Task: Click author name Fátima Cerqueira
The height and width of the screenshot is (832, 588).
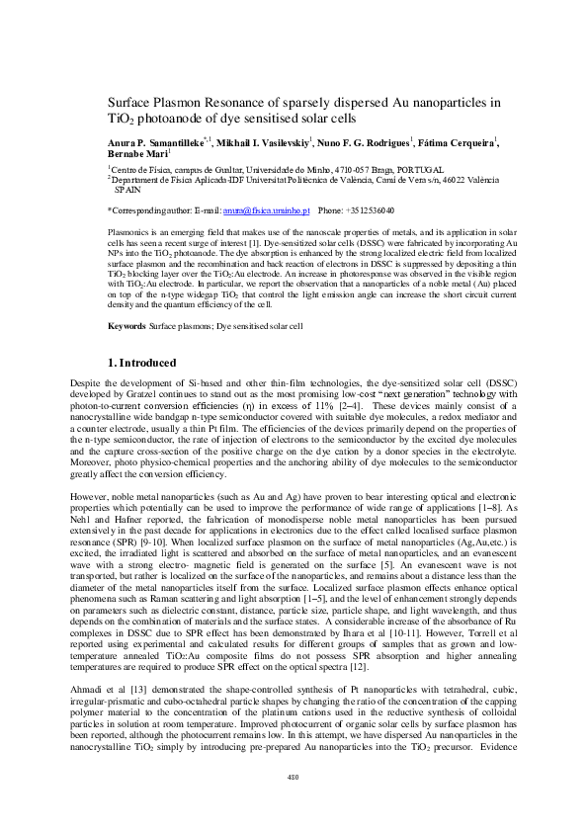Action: tap(460, 143)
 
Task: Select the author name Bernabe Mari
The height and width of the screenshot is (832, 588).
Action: tap(137, 155)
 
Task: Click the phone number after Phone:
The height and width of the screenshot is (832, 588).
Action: tap(370, 210)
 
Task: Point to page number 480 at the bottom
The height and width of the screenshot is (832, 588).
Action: tap(294, 775)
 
